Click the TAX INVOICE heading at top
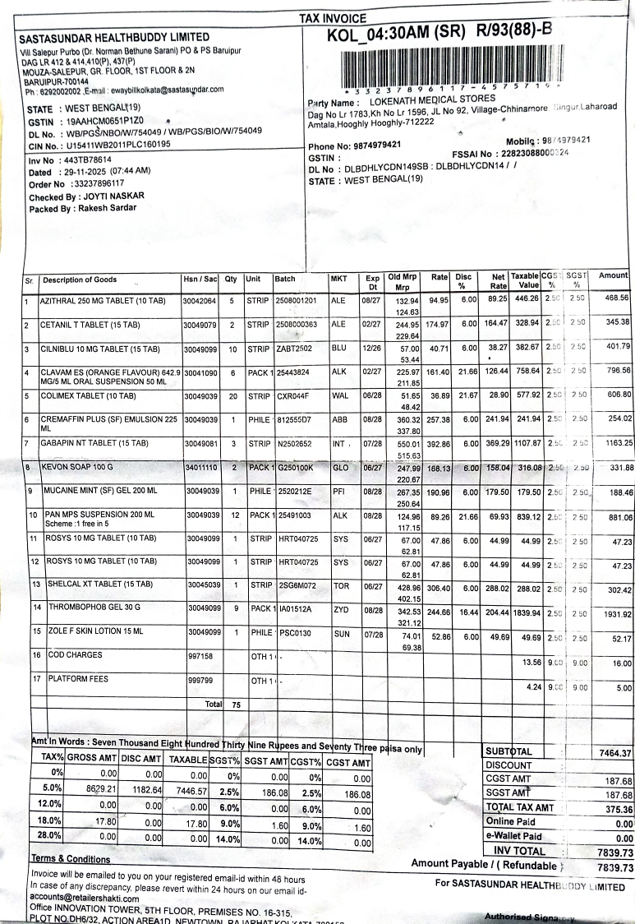(333, 18)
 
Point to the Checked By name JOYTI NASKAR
(110, 196)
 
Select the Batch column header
(284, 280)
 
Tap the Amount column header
(613, 275)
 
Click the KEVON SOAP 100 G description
(77, 468)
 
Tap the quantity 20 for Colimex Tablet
(232, 395)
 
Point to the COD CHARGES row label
(74, 655)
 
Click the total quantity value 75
(235, 705)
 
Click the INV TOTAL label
(519, 851)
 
